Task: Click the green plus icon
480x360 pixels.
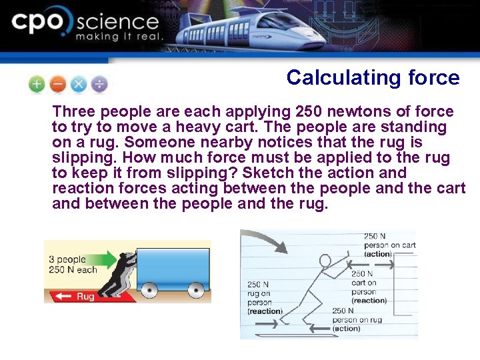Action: (x=37, y=85)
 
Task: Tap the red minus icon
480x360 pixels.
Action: (x=57, y=85)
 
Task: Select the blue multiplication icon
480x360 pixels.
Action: (x=78, y=85)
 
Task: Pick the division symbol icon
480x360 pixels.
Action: (x=99, y=85)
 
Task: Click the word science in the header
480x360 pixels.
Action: (x=118, y=22)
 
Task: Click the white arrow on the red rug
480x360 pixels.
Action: (x=65, y=296)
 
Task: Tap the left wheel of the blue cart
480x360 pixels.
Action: (x=150, y=290)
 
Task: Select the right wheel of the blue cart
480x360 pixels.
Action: (x=196, y=290)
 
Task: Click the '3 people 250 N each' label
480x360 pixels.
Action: (x=73, y=265)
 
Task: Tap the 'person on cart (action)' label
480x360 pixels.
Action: (x=389, y=245)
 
